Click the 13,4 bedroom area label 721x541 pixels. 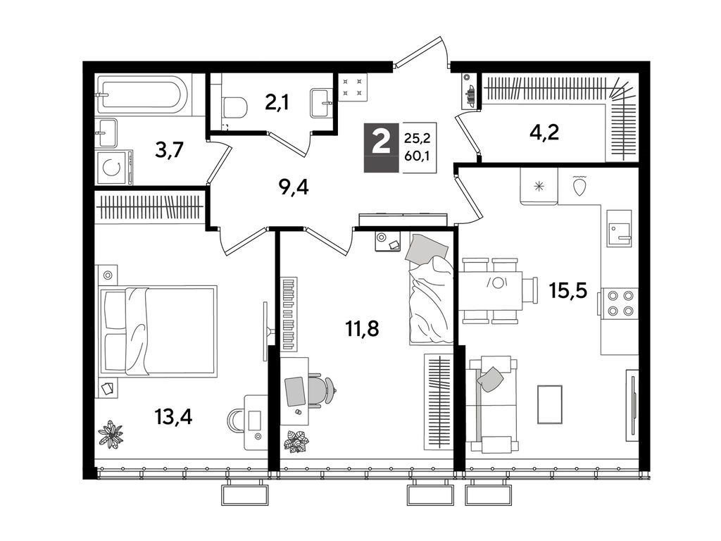pyautogui.click(x=173, y=417)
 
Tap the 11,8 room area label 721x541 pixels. pyautogui.click(x=362, y=329)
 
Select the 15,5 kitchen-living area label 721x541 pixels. pyautogui.click(x=568, y=290)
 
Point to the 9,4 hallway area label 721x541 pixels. pyautogui.click(x=294, y=187)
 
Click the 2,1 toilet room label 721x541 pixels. pyautogui.click(x=277, y=103)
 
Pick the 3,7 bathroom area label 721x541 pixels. pyautogui.click(x=169, y=149)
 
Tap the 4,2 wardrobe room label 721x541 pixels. pyautogui.click(x=544, y=132)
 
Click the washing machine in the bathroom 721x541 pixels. pyautogui.click(x=114, y=167)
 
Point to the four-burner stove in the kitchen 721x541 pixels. pyautogui.click(x=620, y=304)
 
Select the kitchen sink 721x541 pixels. pyautogui.click(x=619, y=228)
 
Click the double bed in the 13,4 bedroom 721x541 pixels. pyautogui.click(x=158, y=332)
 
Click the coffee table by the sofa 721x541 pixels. pyautogui.click(x=550, y=404)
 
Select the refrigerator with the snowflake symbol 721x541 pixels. pyautogui.click(x=539, y=186)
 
